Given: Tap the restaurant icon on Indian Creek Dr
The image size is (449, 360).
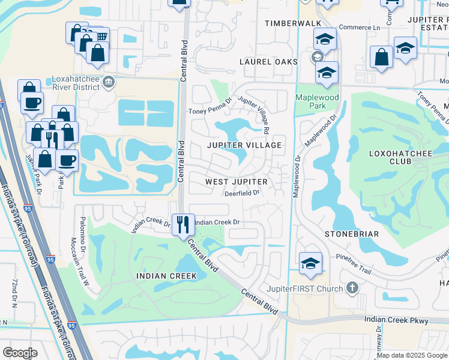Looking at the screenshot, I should click(183, 224).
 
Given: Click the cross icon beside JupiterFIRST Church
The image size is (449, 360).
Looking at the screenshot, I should click(352, 288).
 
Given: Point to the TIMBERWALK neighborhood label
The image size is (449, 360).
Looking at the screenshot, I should click(289, 23).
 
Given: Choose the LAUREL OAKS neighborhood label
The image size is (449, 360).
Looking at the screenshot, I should click(268, 62).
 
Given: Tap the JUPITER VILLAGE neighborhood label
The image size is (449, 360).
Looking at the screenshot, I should click(244, 146).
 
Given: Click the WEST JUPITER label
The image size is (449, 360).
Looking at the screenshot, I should click(236, 181).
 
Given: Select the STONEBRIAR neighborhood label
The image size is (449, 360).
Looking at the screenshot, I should click(349, 233).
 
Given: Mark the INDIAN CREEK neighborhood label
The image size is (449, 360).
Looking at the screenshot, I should click(166, 276).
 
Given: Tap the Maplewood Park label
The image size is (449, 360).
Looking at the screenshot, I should click(317, 101).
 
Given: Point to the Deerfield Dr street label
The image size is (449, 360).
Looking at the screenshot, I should click(241, 193).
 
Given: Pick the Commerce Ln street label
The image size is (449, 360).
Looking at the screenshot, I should click(360, 28).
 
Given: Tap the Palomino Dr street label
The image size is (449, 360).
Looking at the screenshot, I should click(83, 235).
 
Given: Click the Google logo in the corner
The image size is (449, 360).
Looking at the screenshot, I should click(20, 353).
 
